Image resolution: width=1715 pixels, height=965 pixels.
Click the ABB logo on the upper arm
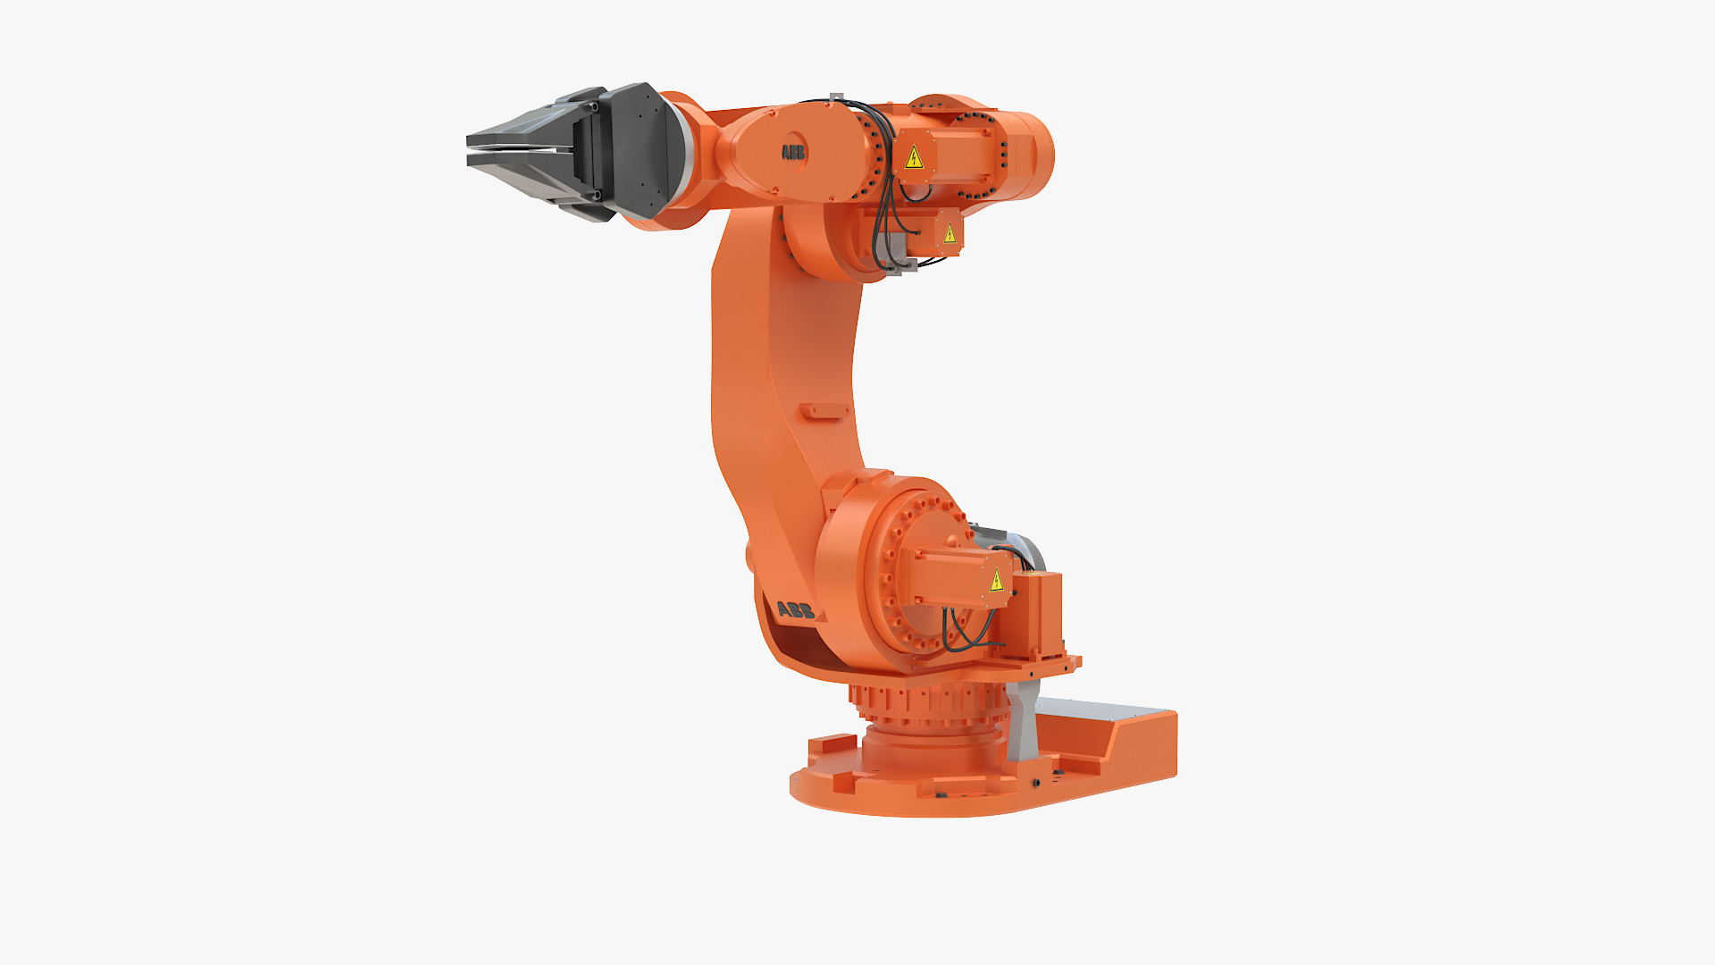point(793,153)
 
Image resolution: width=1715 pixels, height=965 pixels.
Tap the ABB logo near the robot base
point(795,610)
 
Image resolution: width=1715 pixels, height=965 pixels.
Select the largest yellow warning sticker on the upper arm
point(914,159)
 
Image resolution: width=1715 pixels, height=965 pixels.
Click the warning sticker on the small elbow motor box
point(950,234)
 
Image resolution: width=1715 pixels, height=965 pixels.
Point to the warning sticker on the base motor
point(997,582)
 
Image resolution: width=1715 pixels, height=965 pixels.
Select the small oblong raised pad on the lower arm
point(824,411)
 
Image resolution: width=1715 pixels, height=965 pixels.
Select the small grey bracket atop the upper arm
point(837,97)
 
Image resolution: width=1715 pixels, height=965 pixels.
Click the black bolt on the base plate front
point(1036,783)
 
